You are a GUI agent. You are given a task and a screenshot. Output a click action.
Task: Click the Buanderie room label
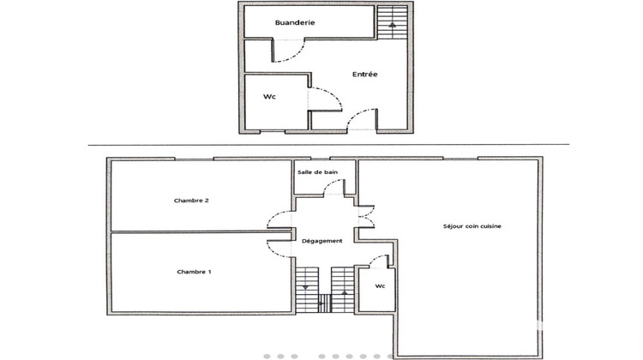point(295,23)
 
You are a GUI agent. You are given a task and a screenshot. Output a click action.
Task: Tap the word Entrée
point(365,75)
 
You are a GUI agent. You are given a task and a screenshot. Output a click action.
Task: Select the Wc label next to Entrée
point(268,96)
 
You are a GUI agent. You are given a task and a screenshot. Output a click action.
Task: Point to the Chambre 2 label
point(192,201)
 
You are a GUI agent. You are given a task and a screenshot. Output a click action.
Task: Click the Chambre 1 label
point(194,272)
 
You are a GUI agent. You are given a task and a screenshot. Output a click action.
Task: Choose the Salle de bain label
point(316,172)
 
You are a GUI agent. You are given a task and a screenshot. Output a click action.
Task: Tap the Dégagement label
point(322,241)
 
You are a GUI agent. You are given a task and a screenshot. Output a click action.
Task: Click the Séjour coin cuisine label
point(472,226)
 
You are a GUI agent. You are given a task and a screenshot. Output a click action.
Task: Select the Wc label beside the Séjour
point(380,285)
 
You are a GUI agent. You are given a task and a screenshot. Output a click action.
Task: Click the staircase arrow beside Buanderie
point(393,25)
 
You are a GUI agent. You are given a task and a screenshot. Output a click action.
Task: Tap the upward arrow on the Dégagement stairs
point(345,291)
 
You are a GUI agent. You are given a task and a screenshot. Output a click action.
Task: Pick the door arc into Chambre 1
point(279,249)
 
